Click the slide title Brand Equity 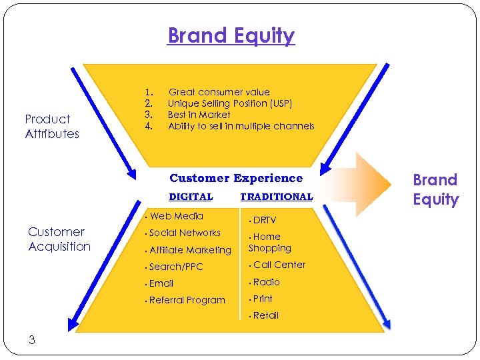click(231, 35)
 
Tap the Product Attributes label click(52, 127)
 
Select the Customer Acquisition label click(59, 239)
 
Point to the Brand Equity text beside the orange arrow click(435, 190)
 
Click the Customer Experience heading click(236, 178)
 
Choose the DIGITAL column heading click(191, 197)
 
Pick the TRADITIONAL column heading click(276, 197)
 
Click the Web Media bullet click(176, 216)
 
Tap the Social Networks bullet click(184, 233)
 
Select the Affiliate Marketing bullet click(189, 250)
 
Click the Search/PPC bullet click(175, 267)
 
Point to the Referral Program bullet click(187, 300)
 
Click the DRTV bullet click(264, 220)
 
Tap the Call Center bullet click(279, 265)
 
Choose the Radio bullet click(266, 282)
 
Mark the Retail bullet click(265, 315)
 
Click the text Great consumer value click(219, 92)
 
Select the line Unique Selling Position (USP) click(229, 103)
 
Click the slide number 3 click(31, 340)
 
